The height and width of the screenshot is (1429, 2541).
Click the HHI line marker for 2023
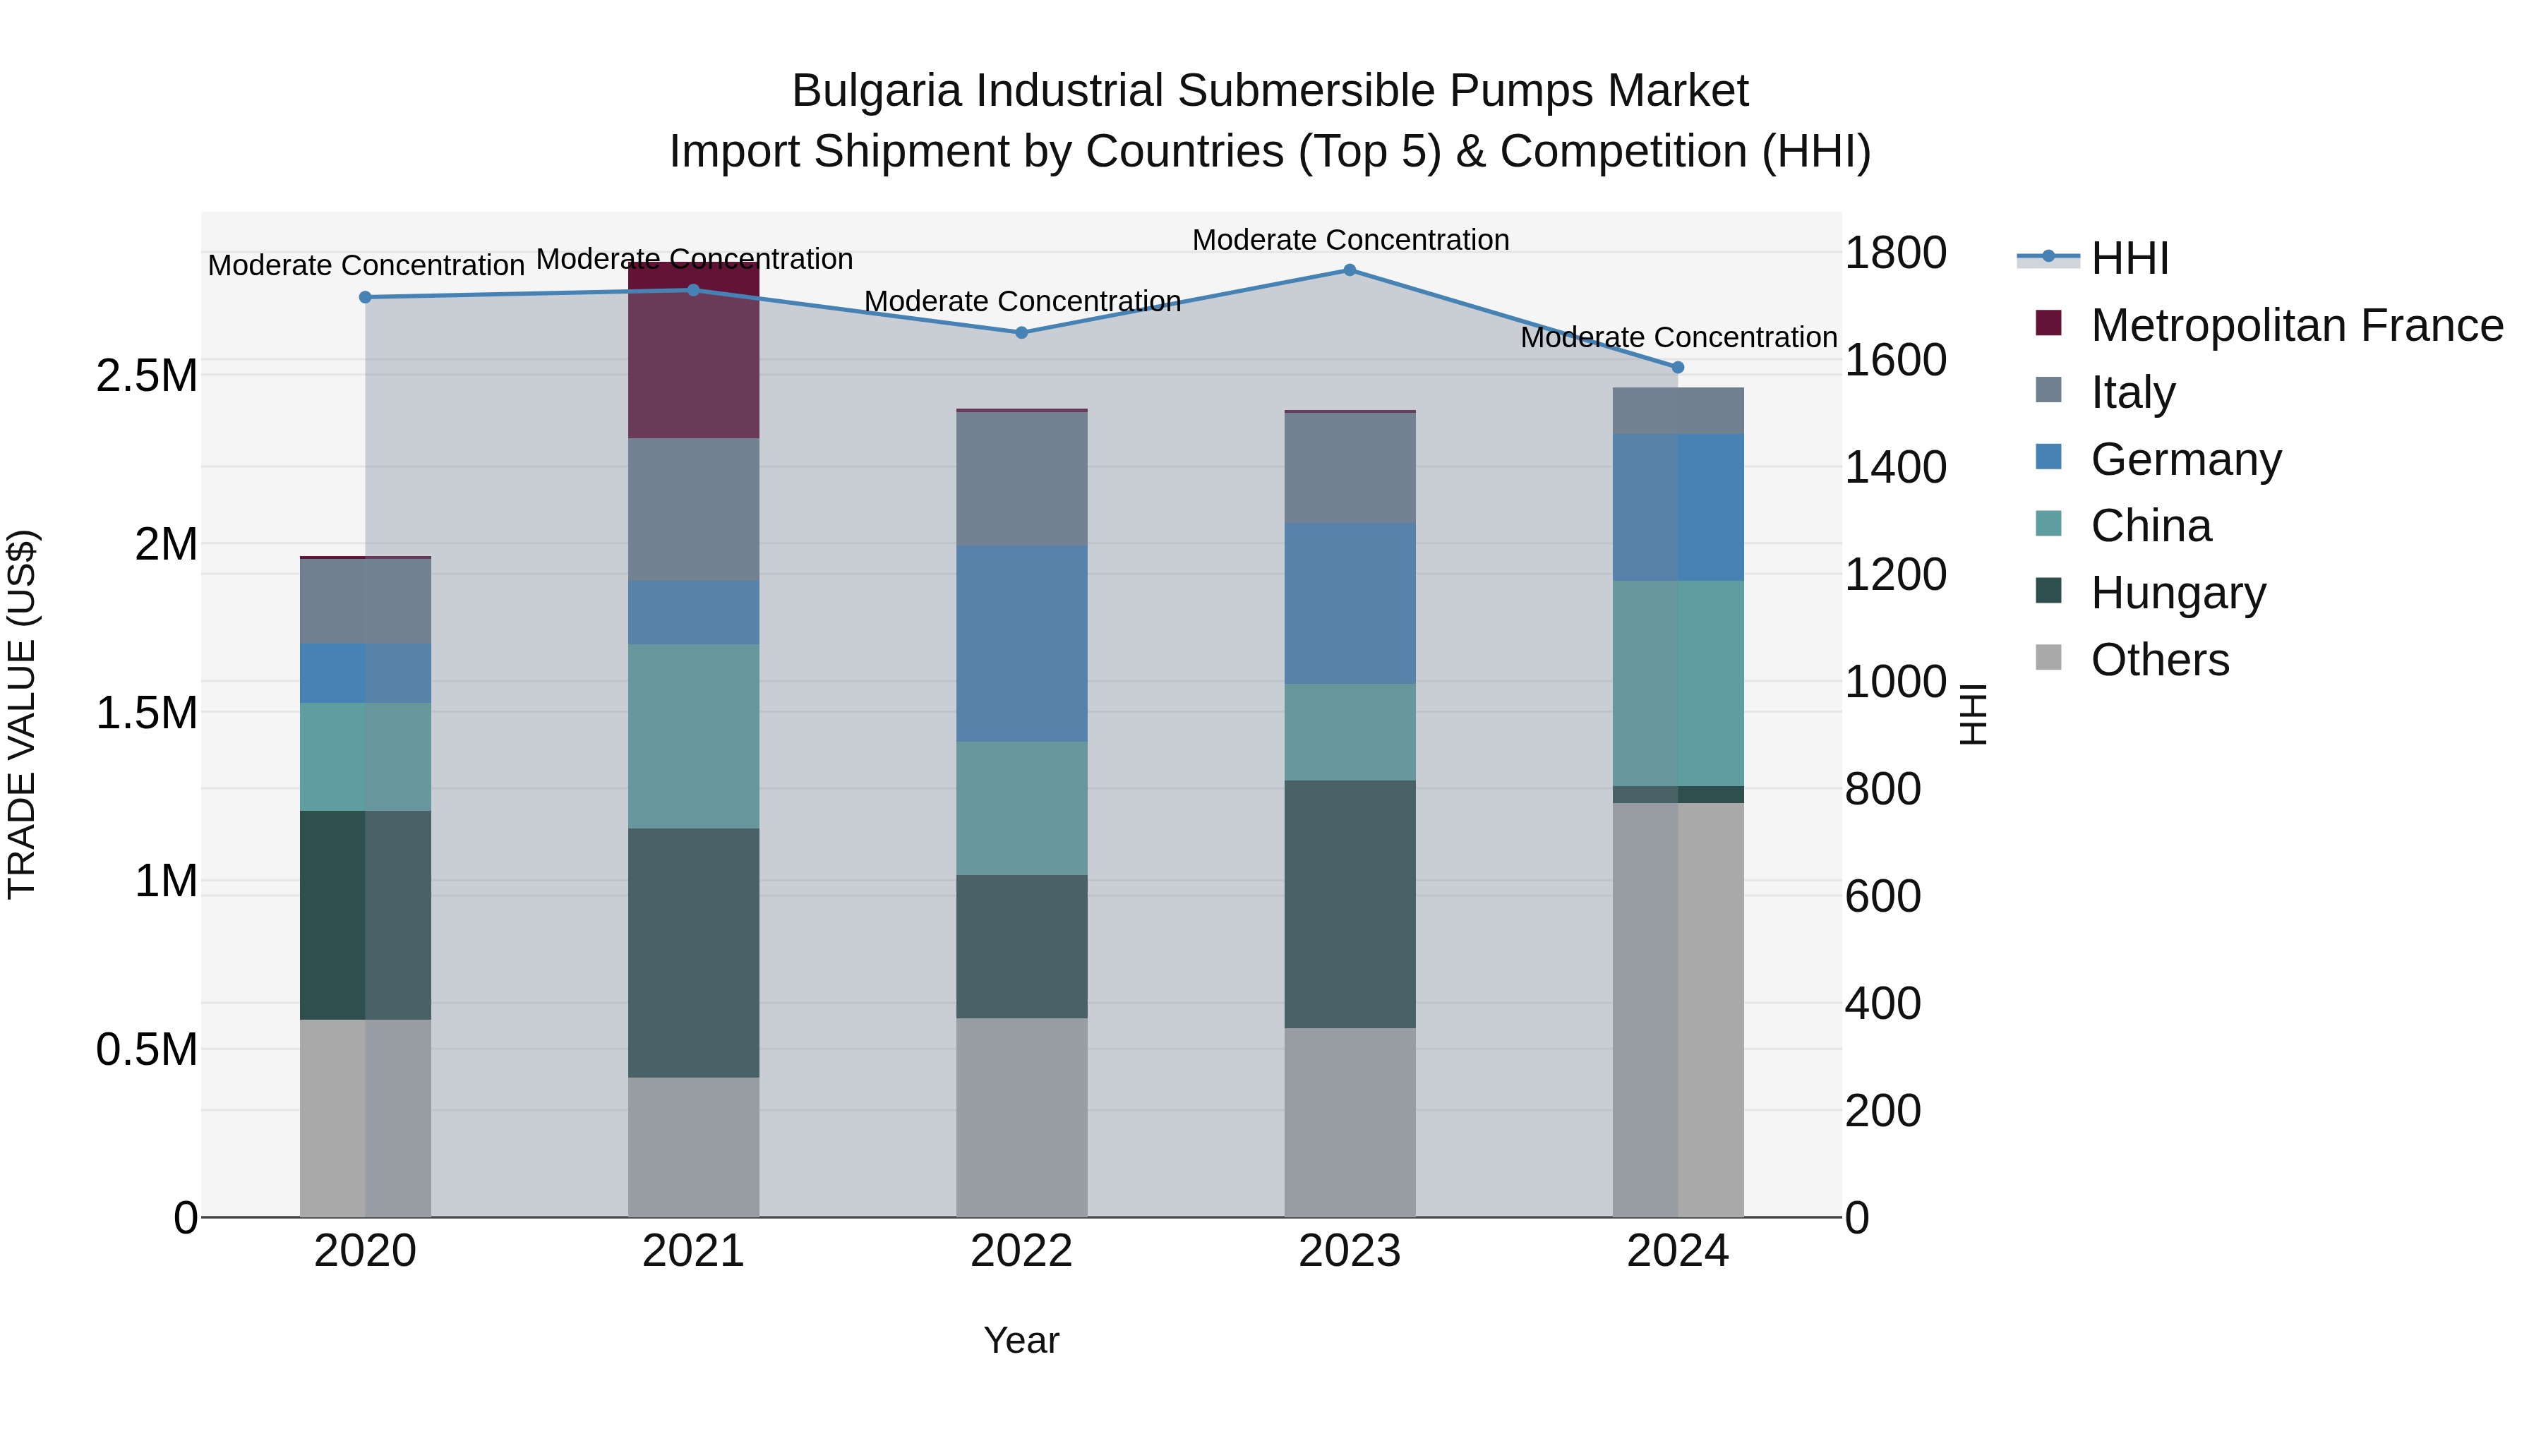pos(1350,270)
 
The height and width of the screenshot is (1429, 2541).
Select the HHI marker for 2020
pos(365,297)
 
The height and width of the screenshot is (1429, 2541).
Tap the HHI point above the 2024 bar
pos(1678,368)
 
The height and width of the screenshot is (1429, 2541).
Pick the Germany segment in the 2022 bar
pos(1022,643)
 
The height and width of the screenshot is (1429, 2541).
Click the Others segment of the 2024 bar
pos(1678,1009)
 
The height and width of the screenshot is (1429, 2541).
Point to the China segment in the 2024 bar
pos(1678,682)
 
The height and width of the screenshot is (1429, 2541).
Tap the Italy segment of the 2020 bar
pos(365,601)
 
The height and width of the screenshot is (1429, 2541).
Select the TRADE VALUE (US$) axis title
pos(22,714)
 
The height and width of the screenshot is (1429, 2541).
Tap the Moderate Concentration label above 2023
pos(1350,240)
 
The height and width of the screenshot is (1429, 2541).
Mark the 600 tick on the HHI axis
pos(1882,896)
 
